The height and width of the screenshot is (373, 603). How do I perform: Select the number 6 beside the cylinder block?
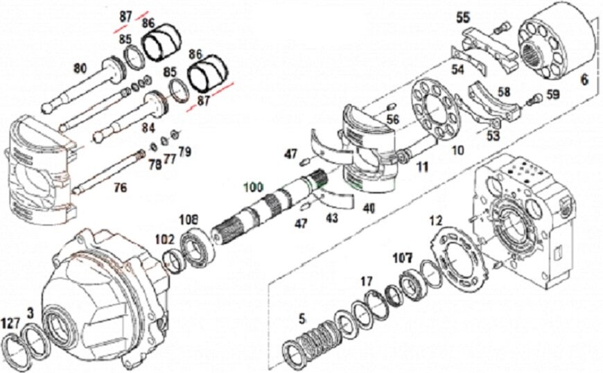tap(584, 80)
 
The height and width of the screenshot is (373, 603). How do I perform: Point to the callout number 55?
tap(463, 16)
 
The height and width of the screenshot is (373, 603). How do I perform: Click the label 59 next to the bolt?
tap(552, 94)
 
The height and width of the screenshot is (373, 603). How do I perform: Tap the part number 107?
tap(403, 257)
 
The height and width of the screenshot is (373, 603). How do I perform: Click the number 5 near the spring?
tap(301, 320)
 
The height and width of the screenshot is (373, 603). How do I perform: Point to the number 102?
tap(164, 239)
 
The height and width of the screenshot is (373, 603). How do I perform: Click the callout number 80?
tap(80, 68)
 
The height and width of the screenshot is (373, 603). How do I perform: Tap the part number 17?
tap(366, 281)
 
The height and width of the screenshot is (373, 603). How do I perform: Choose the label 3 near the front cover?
tap(30, 313)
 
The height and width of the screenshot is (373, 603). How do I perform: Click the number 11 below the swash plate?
tap(422, 166)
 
